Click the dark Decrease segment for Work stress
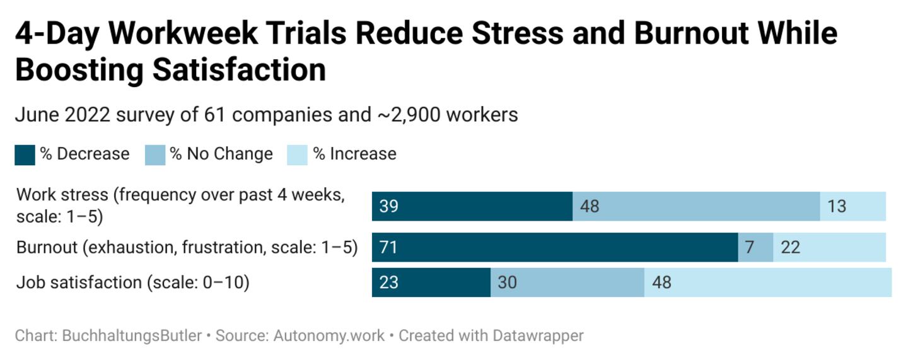coord(472,206)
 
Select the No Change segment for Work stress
coord(696,206)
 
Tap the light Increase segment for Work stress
coord(853,206)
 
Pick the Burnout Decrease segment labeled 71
coord(555,247)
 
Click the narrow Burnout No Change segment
coord(755,247)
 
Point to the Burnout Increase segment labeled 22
coord(829,247)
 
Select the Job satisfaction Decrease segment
coord(431,282)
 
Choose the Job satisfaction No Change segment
coord(567,282)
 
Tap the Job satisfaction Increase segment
coord(767,282)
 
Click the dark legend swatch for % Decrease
coord(25,155)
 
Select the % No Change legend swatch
coord(155,155)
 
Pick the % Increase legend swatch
coord(297,155)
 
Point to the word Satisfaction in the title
coord(239,70)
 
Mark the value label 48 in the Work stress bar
coord(589,206)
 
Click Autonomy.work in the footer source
coord(329,335)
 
